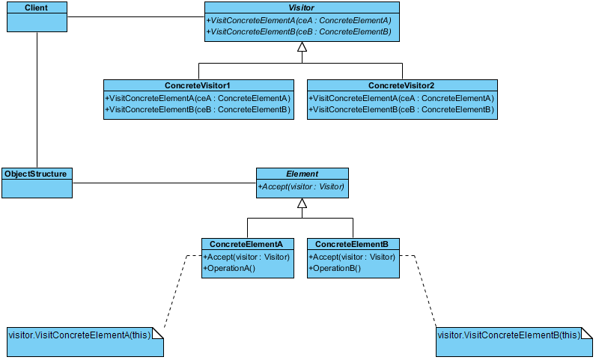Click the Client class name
(x=37, y=7)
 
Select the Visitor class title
(x=302, y=7)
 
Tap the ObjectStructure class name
(x=35, y=174)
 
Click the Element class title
(x=302, y=174)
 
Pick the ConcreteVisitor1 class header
(x=197, y=85)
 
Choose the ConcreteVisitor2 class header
(x=401, y=85)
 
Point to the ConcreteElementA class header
(x=246, y=244)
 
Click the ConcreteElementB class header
(x=352, y=244)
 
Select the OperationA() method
(x=229, y=268)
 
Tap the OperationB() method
(x=335, y=268)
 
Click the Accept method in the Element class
(x=301, y=186)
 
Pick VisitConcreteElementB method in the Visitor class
(x=299, y=31)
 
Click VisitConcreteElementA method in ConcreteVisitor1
(x=198, y=99)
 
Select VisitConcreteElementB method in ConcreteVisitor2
(x=401, y=109)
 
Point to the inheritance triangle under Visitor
(x=302, y=46)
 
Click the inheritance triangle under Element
(x=302, y=203)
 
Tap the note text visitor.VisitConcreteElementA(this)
(x=79, y=335)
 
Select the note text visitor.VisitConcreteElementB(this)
(x=509, y=335)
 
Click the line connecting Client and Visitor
(x=136, y=16)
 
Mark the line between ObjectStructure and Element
(x=164, y=183)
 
